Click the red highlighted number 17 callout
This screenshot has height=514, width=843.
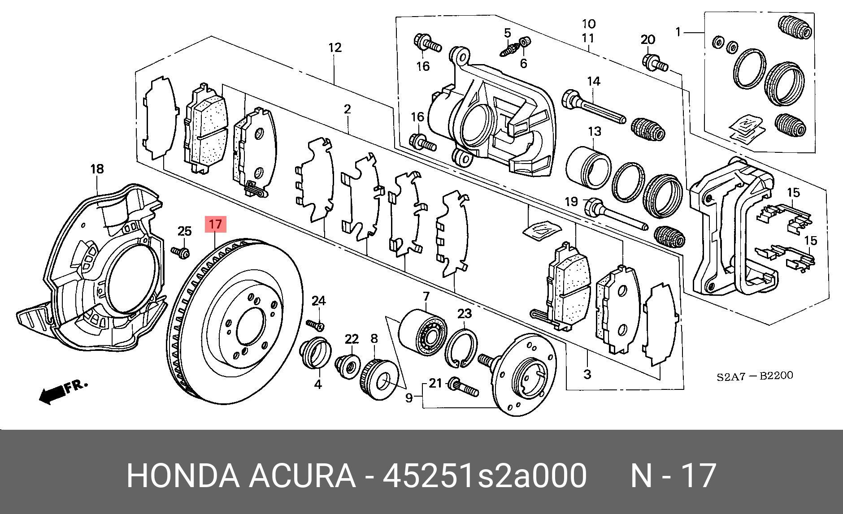216,224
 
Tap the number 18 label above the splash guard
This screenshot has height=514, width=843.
97,169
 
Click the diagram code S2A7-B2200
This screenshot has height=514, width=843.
754,376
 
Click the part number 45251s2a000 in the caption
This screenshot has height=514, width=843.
484,475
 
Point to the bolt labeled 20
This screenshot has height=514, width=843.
655,63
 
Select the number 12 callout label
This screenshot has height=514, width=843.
335,47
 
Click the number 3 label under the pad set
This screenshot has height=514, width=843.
587,373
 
